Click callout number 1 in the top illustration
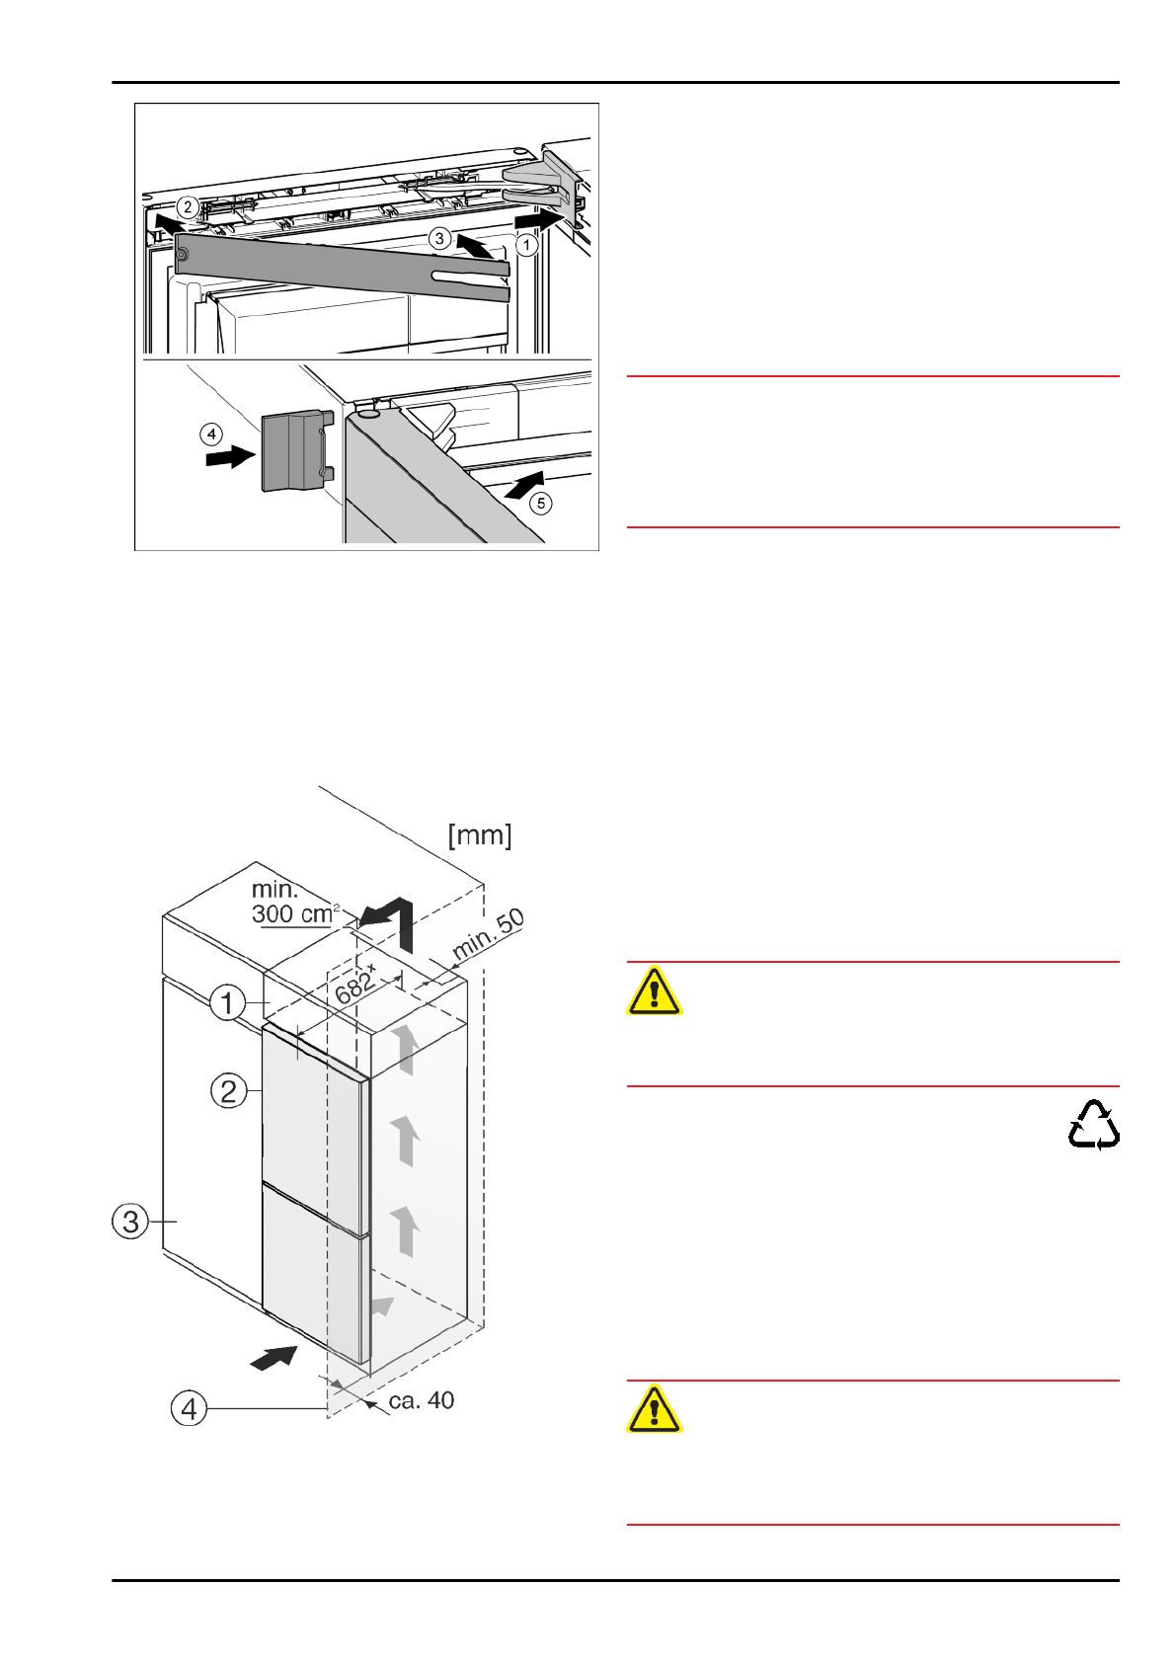[x=527, y=245]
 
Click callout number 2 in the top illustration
[x=188, y=207]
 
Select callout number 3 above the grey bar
[x=440, y=238]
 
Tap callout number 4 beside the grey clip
[x=210, y=434]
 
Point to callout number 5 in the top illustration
[x=540, y=503]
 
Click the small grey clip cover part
[x=293, y=451]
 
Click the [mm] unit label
[x=480, y=835]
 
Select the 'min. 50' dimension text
[x=488, y=934]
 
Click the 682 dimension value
[x=354, y=986]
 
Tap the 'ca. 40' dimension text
[x=422, y=1400]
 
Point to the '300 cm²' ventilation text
[x=293, y=913]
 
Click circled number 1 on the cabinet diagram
[x=228, y=1003]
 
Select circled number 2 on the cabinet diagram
[x=229, y=1091]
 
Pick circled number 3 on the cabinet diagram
[x=130, y=1222]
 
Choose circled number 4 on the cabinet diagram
[x=189, y=1408]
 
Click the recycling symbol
[x=1093, y=1126]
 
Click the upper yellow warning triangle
[x=654, y=991]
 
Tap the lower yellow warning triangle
[x=654, y=1410]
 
